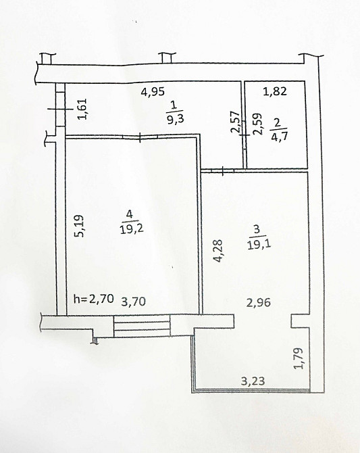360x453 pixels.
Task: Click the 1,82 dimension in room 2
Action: [x=274, y=92]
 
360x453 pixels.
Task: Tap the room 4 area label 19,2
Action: [x=128, y=229]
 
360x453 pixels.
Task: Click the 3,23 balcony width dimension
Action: [x=253, y=382]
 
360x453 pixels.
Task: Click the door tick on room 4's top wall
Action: [x=140, y=137]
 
